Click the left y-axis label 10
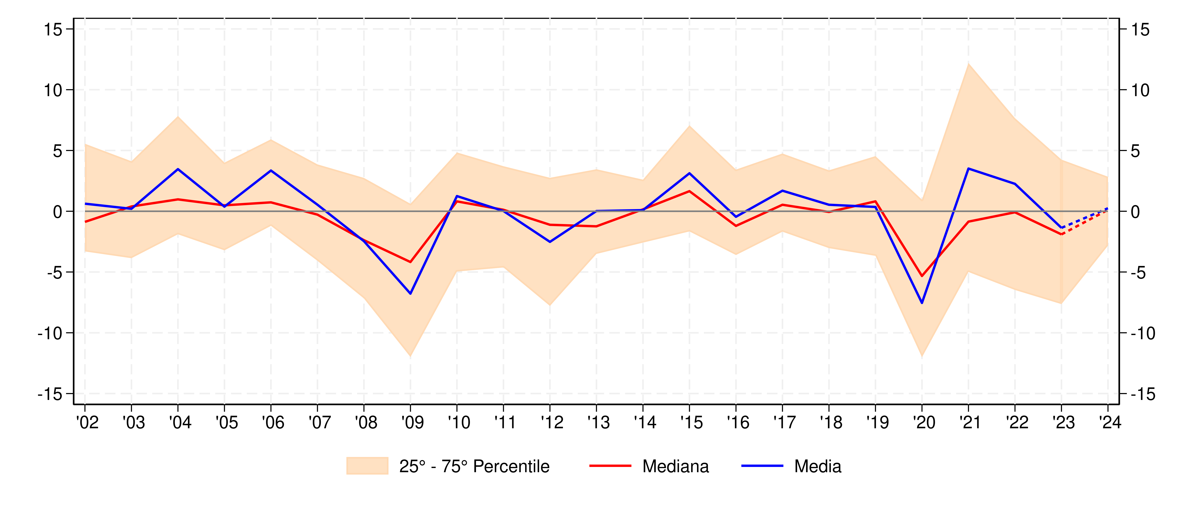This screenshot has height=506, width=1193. click(x=53, y=90)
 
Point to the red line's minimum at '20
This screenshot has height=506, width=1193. click(x=922, y=276)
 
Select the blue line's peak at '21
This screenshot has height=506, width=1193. click(x=968, y=169)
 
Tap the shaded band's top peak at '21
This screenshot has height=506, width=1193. click(x=968, y=64)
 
